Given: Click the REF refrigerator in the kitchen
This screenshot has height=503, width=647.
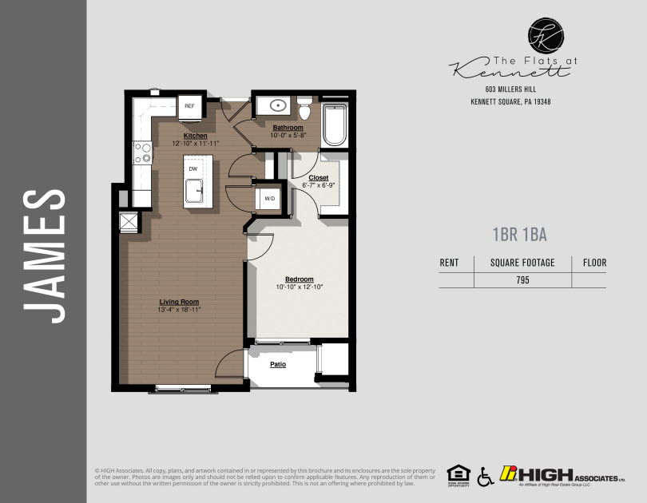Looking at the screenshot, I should click(190, 106).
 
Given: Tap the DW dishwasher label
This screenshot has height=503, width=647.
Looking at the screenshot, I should click(193, 169).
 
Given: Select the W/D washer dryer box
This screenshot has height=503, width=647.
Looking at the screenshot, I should click(269, 199).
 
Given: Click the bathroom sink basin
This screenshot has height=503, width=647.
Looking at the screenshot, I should click(279, 105).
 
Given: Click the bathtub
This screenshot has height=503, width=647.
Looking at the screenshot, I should click(335, 125).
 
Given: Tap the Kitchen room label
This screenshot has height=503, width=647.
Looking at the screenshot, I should click(195, 136).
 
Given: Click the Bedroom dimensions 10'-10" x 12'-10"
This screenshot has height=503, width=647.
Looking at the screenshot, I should click(299, 287).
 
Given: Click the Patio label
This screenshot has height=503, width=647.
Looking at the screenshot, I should click(277, 365).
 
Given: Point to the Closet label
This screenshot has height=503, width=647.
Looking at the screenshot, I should click(318, 177).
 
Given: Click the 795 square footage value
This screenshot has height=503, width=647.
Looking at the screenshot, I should click(522, 280).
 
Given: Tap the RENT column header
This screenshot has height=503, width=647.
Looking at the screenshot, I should click(450, 263).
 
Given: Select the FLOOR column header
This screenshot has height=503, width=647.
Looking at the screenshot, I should click(594, 263).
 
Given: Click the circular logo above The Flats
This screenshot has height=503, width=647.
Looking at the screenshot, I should click(546, 36).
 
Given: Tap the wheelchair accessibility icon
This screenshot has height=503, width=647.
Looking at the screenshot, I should click(485, 477).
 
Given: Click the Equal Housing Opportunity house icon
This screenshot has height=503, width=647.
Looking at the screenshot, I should click(458, 474).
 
